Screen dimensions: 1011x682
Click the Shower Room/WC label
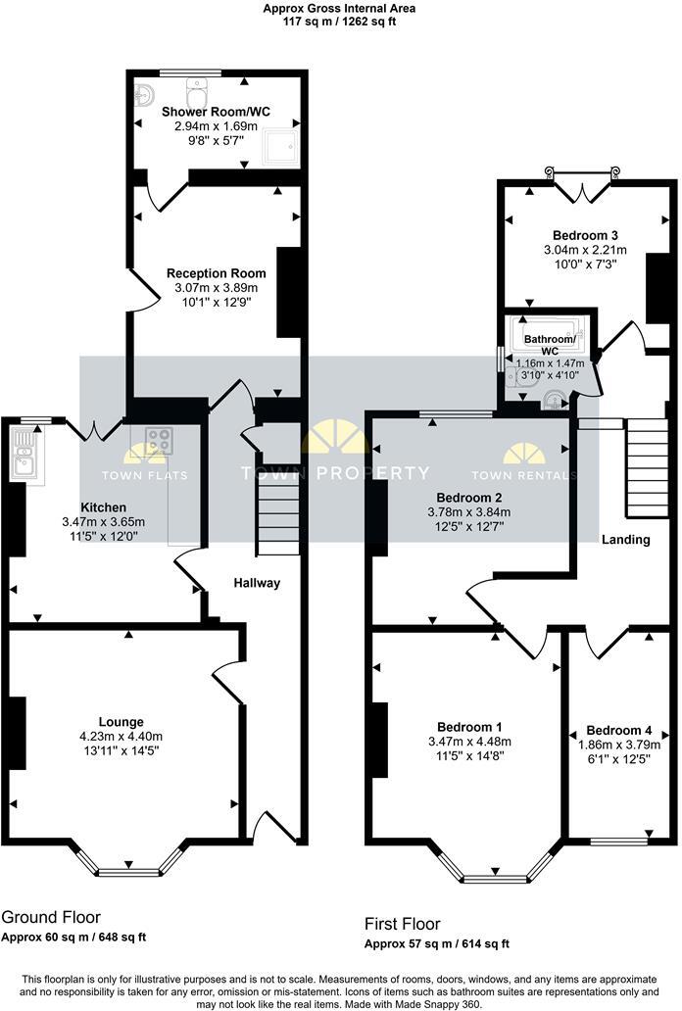coord(216,111)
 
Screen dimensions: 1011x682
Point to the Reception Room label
coord(216,273)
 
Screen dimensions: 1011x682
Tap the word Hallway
coord(257,583)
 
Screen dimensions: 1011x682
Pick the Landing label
coord(625,540)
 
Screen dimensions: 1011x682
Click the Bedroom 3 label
coord(585,235)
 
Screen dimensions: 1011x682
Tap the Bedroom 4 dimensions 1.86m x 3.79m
coord(618,744)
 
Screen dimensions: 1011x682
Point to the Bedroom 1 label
coord(469,727)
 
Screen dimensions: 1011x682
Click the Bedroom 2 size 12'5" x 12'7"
coord(470,526)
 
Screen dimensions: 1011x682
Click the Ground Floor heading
coord(51,918)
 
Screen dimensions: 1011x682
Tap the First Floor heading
coord(402,924)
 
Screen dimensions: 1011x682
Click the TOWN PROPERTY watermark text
coord(335,474)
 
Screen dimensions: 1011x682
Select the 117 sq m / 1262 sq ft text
coord(339,21)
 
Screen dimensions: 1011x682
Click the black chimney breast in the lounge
coord(17,732)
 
